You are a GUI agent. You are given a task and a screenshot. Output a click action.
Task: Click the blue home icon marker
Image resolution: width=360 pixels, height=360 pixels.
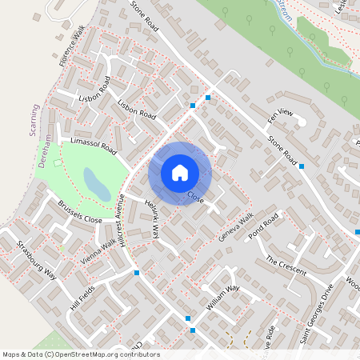pos(180,173)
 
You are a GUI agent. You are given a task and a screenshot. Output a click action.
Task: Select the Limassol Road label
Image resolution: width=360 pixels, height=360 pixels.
pos(94,146)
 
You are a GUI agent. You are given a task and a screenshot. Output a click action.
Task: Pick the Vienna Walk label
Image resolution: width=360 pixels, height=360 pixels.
pos(98,250)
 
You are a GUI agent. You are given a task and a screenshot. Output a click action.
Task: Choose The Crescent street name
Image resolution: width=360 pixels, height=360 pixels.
pos(286,266)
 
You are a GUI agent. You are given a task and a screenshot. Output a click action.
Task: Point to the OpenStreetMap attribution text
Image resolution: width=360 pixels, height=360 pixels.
pos(81,354)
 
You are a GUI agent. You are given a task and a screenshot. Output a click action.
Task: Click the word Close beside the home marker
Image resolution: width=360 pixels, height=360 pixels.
pos(196,195)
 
